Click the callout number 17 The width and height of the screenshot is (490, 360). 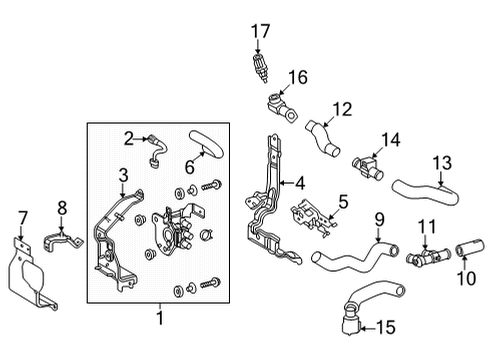pyautogui.click(x=260, y=31)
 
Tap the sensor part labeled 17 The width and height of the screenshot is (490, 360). pyautogui.click(x=261, y=68)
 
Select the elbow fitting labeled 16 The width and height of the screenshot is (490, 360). pyautogui.click(x=282, y=107)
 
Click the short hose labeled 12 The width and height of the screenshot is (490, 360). pyautogui.click(x=322, y=139)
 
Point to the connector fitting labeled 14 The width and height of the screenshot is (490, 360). pyautogui.click(x=368, y=166)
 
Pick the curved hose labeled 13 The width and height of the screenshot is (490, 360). pyautogui.click(x=426, y=193)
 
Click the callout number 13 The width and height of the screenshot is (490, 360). pyautogui.click(x=442, y=163)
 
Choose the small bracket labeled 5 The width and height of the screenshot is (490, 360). pyautogui.click(x=313, y=218)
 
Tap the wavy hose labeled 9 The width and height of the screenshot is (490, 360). pyautogui.click(x=354, y=257)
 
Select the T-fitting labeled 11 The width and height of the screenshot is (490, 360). pyautogui.click(x=428, y=257)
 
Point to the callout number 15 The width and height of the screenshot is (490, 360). pyautogui.click(x=386, y=328)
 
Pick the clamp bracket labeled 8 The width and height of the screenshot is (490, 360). pyautogui.click(x=62, y=241)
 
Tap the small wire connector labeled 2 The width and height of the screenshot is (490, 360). pyautogui.click(x=157, y=150)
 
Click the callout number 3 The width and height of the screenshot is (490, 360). pyautogui.click(x=123, y=175)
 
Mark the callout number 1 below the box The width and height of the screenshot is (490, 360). pyautogui.click(x=160, y=318)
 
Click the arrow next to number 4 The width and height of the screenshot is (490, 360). pyautogui.click(x=286, y=183)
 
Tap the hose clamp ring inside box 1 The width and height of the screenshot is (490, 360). pyautogui.click(x=207, y=235)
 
